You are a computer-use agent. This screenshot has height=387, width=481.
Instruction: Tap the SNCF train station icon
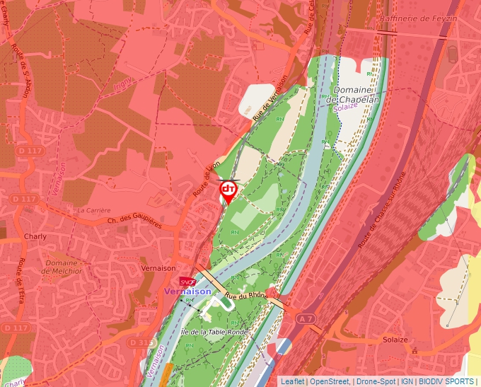pyautogui.click(x=187, y=282)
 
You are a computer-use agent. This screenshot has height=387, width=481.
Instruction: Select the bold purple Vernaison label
pyautogui.click(x=187, y=291)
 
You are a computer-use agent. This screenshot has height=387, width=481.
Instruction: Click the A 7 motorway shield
pyautogui.click(x=306, y=320)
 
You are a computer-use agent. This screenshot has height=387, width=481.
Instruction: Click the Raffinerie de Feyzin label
pyautogui.click(x=419, y=18)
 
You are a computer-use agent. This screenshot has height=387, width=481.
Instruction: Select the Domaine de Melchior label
pyautogui.click(x=64, y=266)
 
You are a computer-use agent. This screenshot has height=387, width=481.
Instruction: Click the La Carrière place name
pyautogui.click(x=94, y=210)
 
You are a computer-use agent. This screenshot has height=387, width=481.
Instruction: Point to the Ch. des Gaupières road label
pyautogui.click(x=134, y=222)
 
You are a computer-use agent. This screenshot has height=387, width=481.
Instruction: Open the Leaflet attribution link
pyautogui.click(x=292, y=381)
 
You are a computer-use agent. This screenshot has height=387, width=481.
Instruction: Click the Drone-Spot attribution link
pyautogui.click(x=376, y=381)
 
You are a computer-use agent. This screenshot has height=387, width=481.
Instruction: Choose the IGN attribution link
pyautogui.click(x=407, y=381)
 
